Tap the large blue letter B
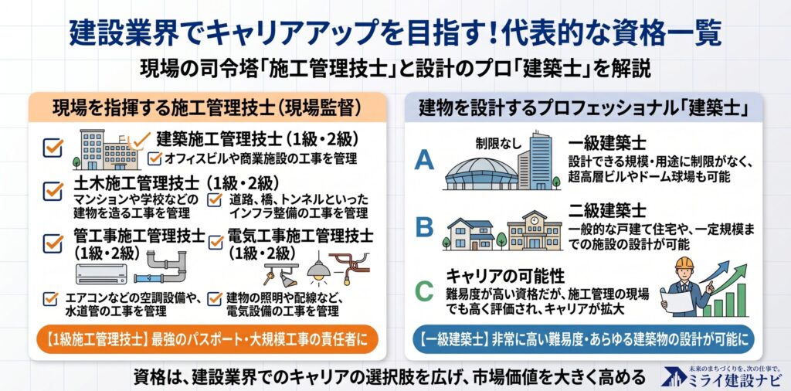(424, 226)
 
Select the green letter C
(424, 291)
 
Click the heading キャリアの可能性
(505, 277)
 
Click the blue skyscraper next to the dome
(540, 161)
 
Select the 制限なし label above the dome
(496, 144)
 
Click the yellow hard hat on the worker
(684, 263)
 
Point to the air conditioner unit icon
(101, 274)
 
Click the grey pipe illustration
(161, 267)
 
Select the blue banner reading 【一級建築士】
(583, 339)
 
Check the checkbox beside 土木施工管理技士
(53, 191)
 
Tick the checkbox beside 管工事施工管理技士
(53, 243)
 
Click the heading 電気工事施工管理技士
(300, 236)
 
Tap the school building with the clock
(534, 231)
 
